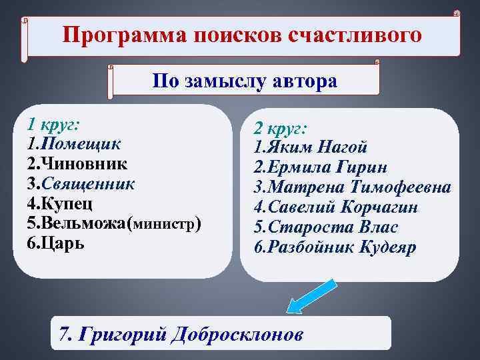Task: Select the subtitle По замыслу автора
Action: pyautogui.click(x=245, y=81)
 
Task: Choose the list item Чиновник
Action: pyautogui.click(x=77, y=163)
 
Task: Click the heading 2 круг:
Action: pyautogui.click(x=279, y=129)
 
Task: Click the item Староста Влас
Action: pyautogui.click(x=327, y=227)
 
